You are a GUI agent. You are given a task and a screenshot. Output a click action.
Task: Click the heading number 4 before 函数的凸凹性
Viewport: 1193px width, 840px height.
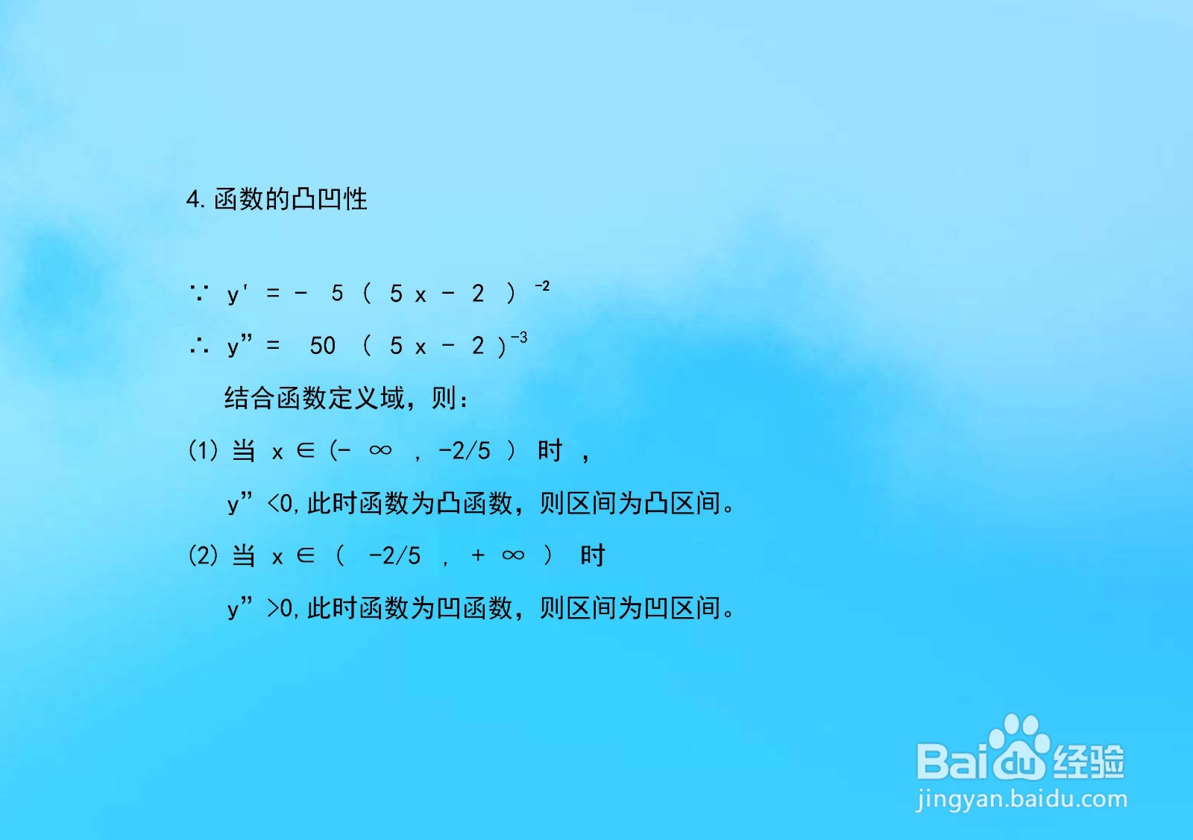[x=193, y=200]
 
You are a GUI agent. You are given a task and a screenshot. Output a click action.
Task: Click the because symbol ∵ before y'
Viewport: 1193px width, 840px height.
[x=198, y=292]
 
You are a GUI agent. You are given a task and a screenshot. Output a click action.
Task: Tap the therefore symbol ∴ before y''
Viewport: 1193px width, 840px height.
[x=198, y=346]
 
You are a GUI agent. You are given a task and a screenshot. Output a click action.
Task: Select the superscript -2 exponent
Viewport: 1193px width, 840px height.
[x=542, y=286]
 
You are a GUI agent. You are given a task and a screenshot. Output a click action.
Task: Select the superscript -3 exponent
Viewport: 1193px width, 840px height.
[x=519, y=338]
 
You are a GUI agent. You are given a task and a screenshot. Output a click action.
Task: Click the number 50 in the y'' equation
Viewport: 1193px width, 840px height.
[x=323, y=346]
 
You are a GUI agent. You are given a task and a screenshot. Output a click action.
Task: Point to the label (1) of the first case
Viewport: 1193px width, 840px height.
[x=204, y=451]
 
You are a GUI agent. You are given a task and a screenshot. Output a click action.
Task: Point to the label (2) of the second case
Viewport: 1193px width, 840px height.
[x=204, y=556]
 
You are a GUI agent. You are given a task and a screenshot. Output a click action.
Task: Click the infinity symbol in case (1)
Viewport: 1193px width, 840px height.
[x=380, y=450]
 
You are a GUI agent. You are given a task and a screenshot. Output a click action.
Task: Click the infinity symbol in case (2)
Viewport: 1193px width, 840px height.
[x=513, y=556]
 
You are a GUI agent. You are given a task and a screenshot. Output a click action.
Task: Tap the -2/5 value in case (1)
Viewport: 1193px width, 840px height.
[x=464, y=451]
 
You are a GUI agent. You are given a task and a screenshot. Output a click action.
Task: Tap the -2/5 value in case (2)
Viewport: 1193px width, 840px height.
[x=394, y=556]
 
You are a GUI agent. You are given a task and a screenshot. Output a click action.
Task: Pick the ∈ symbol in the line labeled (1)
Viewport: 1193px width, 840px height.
[x=306, y=451]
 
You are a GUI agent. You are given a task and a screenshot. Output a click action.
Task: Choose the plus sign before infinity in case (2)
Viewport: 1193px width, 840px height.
[x=478, y=556]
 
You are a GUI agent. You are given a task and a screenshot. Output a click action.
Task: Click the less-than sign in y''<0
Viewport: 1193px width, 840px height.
[x=273, y=504]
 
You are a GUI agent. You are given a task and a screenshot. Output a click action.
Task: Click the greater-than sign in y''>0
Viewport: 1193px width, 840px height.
[x=273, y=609]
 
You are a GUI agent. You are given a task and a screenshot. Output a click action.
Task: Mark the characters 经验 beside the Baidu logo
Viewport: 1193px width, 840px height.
[x=1089, y=761]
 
